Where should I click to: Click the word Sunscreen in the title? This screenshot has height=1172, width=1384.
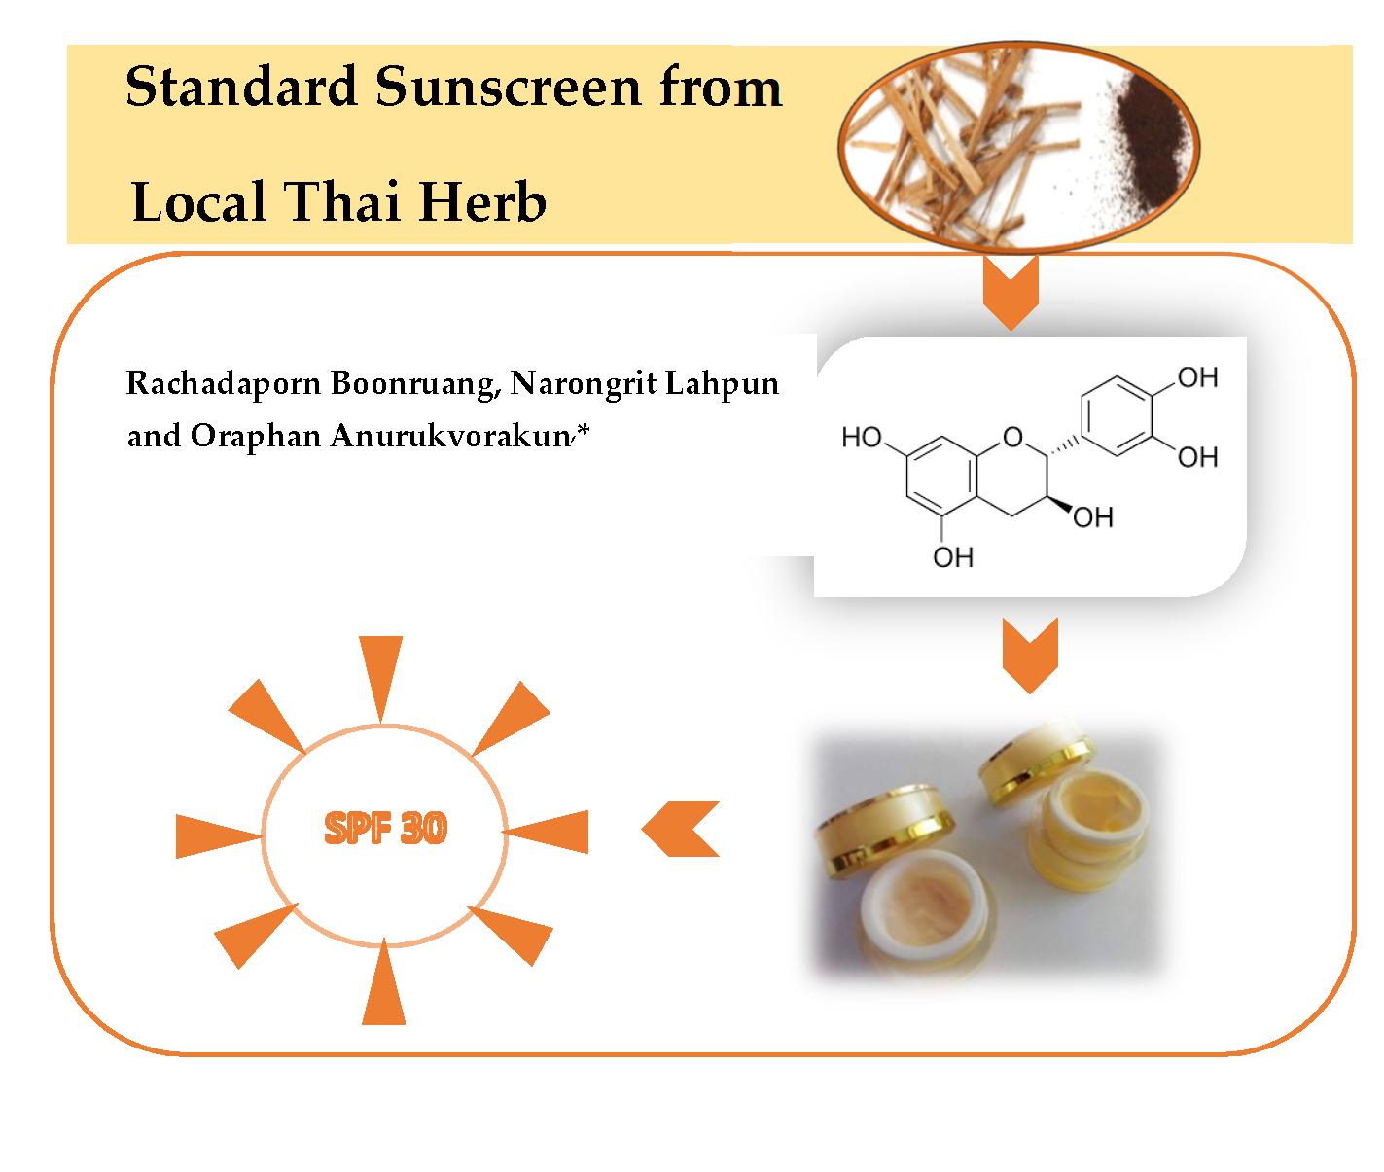[509, 88]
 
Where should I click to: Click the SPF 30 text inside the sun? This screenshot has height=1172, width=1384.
[385, 829]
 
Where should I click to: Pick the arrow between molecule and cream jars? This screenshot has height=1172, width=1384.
[1030, 655]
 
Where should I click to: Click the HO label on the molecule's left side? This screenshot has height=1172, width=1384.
[862, 438]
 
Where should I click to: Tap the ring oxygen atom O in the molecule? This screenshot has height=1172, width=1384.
[1013, 437]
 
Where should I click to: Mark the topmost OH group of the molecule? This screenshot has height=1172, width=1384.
[1197, 377]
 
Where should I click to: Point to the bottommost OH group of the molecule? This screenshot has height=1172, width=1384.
[953, 557]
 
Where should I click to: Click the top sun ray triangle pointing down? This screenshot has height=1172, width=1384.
[381, 671]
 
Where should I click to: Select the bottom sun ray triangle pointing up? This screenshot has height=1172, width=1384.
[384, 990]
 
